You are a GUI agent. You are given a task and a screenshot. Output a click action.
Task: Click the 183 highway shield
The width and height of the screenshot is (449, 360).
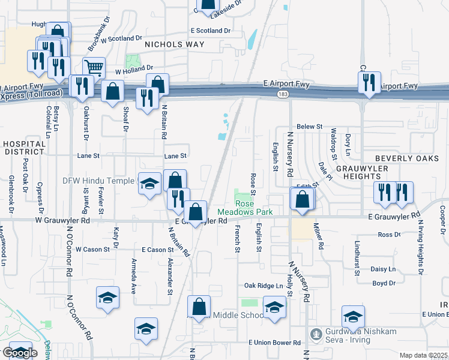coord(282,95)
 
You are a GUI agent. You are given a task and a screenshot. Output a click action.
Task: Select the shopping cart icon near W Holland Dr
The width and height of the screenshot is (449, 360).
coord(94,68)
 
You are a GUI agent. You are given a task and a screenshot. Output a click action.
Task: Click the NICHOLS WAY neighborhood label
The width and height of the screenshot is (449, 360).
coord(175,44)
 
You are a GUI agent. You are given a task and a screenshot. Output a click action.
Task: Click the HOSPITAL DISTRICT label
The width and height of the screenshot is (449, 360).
coord(23,148)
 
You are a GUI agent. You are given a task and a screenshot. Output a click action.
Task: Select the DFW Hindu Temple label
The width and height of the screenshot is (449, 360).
coord(97,179)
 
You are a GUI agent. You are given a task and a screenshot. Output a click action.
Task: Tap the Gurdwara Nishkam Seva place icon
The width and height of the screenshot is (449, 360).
coord(315,333)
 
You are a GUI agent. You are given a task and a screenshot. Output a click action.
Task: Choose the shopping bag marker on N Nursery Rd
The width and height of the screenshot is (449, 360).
coord(303,200)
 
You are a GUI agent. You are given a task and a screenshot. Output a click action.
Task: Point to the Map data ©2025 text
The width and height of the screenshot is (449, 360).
coord(423,355)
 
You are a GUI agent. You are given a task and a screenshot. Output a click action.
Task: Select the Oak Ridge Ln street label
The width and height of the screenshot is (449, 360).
coord(263,286)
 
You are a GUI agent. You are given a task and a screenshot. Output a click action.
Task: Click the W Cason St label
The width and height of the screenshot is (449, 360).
coord(93,249)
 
